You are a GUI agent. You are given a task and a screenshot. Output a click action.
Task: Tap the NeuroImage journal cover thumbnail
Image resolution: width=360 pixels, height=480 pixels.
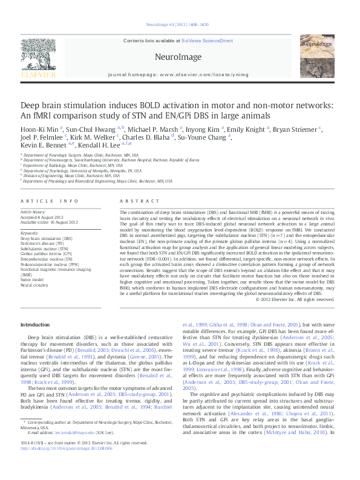point(318,57)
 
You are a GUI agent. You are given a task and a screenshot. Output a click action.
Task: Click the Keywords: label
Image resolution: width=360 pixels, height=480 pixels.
point(30,233)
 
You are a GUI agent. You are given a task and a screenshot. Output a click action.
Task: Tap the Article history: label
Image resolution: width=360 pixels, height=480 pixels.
point(33,213)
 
